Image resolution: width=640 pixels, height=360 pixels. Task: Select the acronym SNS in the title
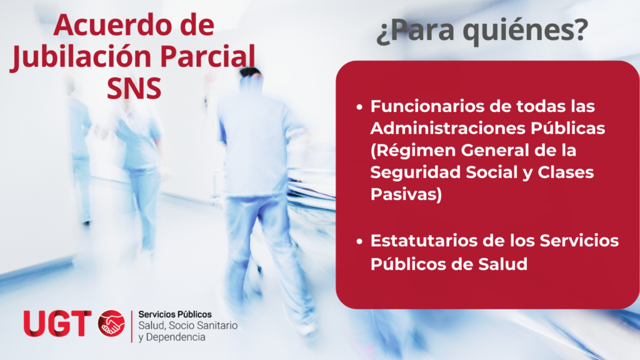134,89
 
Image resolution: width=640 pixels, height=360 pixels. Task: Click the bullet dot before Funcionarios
359,107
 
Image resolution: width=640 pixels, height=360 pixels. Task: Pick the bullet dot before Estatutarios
359,242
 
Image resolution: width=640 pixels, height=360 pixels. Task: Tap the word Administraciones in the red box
447,128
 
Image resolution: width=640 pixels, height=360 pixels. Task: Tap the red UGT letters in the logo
57,324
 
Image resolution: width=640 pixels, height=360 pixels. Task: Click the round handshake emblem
111,324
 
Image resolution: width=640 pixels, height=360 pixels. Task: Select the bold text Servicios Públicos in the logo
175,315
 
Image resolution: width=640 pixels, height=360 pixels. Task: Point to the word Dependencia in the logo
176,337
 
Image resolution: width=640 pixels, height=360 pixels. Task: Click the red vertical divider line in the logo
132,326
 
